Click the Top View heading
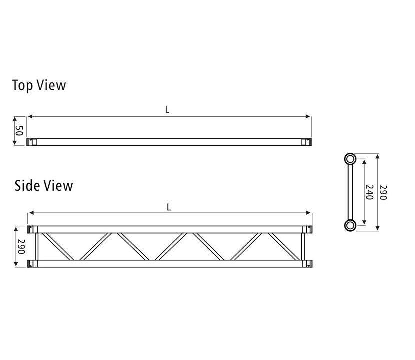[39, 85]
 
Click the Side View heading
[44, 186]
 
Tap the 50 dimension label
[19, 131]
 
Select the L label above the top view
[167, 110]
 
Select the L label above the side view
[169, 207]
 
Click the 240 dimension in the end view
[369, 192]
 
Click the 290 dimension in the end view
[383, 192]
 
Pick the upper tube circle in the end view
[350, 159]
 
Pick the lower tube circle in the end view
[350, 225]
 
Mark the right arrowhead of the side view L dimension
[309, 213]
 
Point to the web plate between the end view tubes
[350, 192]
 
